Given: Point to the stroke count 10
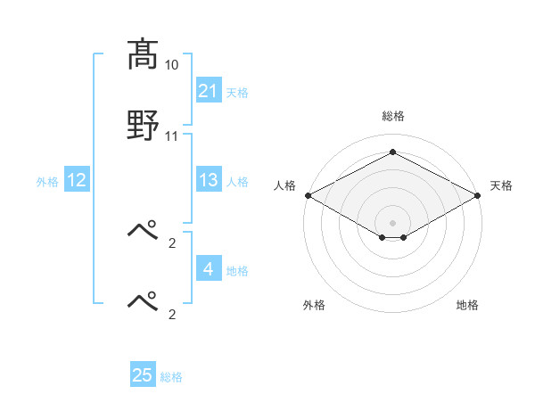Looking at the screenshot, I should pos(172,65).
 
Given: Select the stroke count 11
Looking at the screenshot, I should pos(172,136).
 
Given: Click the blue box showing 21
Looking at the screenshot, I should pos(209,91).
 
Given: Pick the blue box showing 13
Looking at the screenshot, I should pos(209,180).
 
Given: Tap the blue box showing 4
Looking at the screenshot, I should pos(209,269).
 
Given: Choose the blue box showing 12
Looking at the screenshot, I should pos(77,180).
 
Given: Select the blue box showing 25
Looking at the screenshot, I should pos(143,375).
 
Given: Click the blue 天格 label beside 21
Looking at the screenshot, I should pos(237,92).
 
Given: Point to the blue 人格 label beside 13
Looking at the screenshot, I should pos(237,181).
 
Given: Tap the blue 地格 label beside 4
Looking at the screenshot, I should pos(237,270).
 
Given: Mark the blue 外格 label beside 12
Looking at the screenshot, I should pos(47,181).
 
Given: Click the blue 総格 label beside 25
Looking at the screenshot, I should pos(171,376).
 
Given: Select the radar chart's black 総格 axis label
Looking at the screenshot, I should pos(392,116).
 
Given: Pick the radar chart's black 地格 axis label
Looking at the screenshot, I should pos(467,306).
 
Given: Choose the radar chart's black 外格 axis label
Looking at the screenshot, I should pos(314,306).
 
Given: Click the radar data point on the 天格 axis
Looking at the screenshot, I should pos(479,195).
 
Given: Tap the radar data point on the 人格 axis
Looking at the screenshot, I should pos(307,195).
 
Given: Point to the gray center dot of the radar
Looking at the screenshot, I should pos(392,222).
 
